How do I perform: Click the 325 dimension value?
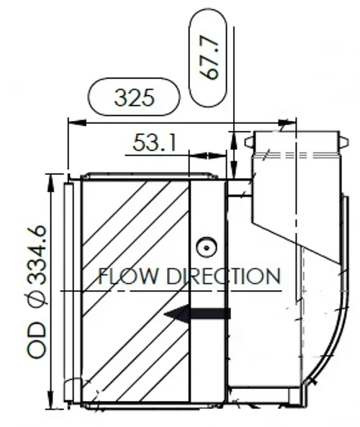(134, 97)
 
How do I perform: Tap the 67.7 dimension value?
(209, 58)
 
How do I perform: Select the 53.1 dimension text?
(154, 143)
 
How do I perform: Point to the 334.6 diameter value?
(37, 255)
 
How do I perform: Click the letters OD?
(37, 340)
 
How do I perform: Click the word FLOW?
(127, 277)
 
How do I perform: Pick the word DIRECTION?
(223, 277)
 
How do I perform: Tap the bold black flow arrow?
(197, 314)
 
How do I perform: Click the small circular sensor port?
(207, 248)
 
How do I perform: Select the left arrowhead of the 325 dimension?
(77, 123)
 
